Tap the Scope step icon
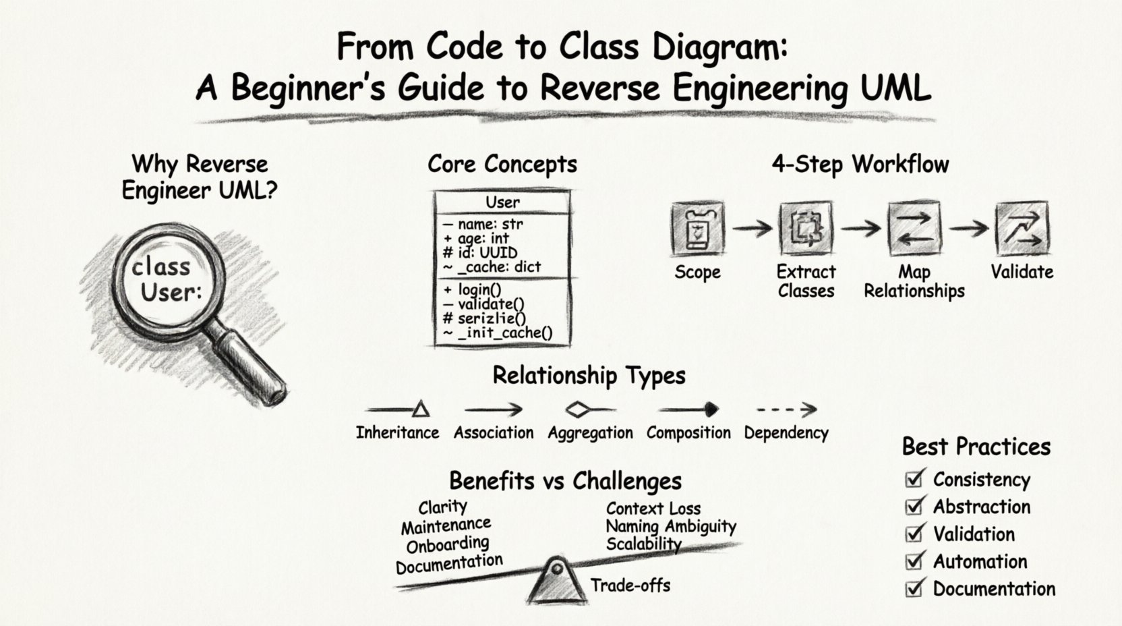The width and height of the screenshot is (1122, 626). point(698,229)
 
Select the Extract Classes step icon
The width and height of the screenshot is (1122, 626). point(806,229)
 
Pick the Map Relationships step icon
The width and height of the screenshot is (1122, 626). point(914,228)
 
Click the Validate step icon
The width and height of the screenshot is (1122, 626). point(1022,228)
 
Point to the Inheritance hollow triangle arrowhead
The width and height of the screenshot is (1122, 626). point(421,409)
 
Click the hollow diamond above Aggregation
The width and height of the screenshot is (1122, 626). point(577,409)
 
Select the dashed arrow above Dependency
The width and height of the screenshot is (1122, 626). point(786,409)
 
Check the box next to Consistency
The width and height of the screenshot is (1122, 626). point(914,479)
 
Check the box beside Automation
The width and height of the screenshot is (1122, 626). point(914,561)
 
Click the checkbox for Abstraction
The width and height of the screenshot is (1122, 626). point(914,506)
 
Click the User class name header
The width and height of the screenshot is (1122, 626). point(502,202)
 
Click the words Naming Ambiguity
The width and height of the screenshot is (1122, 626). point(670,526)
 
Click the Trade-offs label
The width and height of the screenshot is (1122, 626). point(630,585)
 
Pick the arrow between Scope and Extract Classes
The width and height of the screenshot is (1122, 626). point(752,229)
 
